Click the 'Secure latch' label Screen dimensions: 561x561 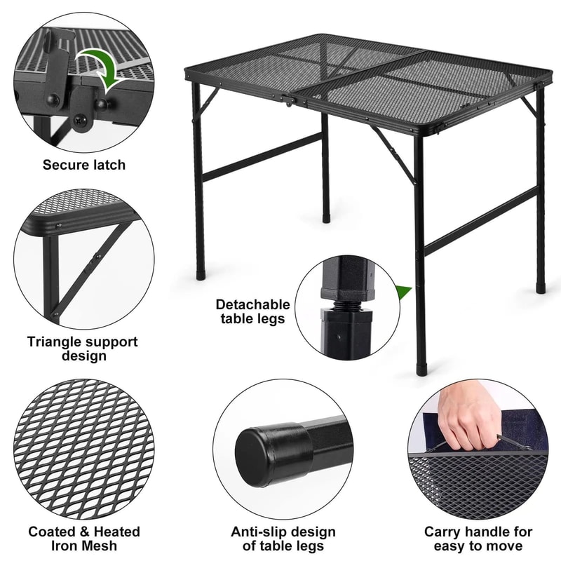pos(83,165)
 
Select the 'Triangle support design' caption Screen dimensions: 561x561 pos(83,349)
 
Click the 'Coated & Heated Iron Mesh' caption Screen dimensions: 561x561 pos(83,539)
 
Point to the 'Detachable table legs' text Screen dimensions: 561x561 pos(252,311)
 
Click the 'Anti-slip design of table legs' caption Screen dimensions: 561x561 pos(283,539)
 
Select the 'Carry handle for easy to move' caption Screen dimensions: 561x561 pos(478,539)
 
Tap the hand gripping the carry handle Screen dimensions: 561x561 pos(468,421)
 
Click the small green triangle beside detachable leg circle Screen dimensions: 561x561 pos(403,292)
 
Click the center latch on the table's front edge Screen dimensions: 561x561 pos(304,105)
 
